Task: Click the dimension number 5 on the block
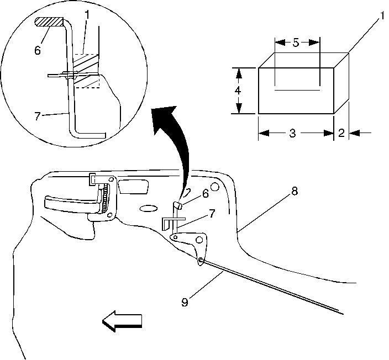click(x=296, y=43)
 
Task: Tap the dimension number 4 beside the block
click(x=237, y=91)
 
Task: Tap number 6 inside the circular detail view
click(x=37, y=50)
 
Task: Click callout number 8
click(x=294, y=192)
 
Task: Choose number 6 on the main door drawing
click(x=204, y=193)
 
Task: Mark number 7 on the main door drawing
click(x=212, y=213)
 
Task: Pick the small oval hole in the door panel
click(x=149, y=208)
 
